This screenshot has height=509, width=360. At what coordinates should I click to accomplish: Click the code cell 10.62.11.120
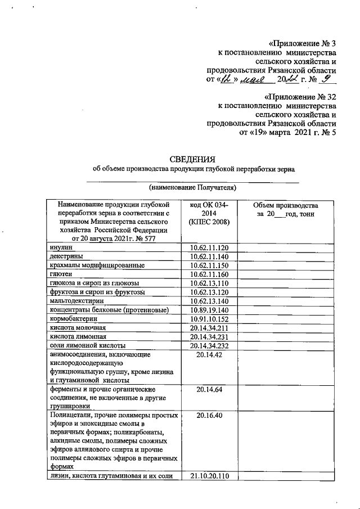[209, 247]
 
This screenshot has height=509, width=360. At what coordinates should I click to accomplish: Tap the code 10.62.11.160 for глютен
[209, 274]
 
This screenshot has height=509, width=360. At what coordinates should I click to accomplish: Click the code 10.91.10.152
[209, 318]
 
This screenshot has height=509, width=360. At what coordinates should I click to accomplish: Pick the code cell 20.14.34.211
[209, 327]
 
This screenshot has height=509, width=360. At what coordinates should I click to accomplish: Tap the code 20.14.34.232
[209, 345]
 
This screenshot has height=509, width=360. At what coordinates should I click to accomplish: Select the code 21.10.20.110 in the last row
[209, 476]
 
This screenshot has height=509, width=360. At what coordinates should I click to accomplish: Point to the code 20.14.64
[209, 388]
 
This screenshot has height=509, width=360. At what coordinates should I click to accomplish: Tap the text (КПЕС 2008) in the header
[209, 223]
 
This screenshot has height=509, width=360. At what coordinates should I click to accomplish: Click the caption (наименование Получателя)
[192, 187]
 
